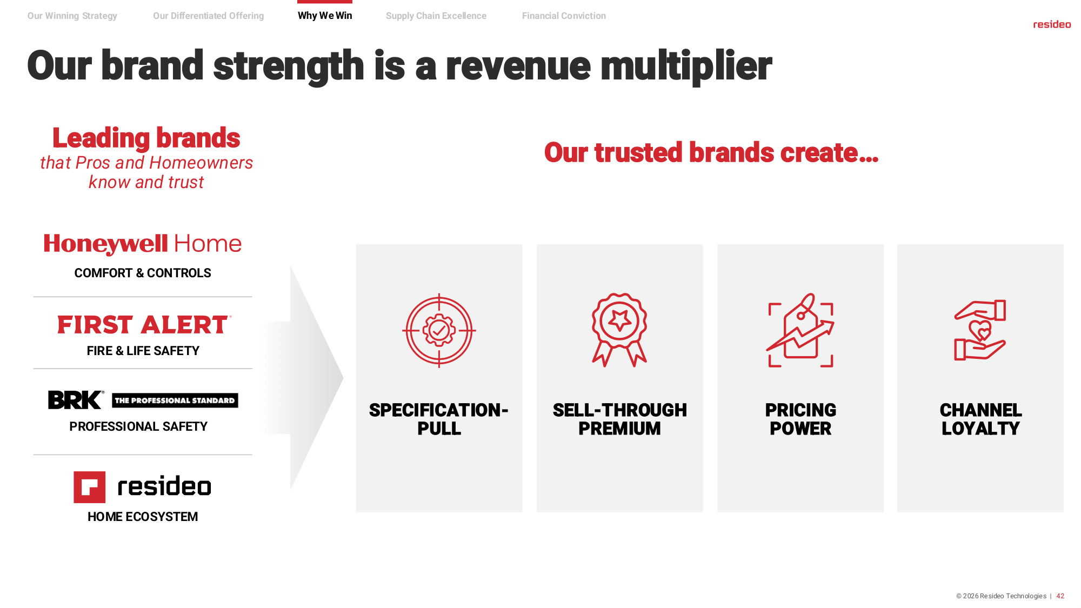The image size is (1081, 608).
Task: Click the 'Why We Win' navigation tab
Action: coord(325,16)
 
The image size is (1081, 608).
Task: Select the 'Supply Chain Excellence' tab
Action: coord(436,16)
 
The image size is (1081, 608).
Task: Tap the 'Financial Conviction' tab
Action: coord(564,16)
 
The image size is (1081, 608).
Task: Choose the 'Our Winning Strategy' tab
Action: coord(72,16)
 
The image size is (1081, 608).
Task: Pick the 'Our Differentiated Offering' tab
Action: coord(209,16)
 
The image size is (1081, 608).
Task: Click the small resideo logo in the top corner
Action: coord(1052,24)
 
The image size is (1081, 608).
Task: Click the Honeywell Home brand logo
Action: coord(143,244)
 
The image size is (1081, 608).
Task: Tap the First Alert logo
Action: coord(144,324)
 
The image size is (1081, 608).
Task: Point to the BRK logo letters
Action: coord(75,400)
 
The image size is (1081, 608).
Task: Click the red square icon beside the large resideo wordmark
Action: coord(90,487)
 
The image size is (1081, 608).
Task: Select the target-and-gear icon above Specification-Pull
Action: coord(439,330)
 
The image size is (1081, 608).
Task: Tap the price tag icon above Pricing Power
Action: coord(800,330)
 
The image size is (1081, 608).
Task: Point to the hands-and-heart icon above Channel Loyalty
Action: coord(980,330)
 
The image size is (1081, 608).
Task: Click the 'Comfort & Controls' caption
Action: coord(143,273)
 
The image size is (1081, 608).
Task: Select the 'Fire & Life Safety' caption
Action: coord(143,351)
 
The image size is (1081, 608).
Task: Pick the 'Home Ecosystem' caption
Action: coord(143,517)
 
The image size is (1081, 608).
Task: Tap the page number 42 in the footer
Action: coord(1060,596)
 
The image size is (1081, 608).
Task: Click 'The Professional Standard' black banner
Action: coord(175,400)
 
